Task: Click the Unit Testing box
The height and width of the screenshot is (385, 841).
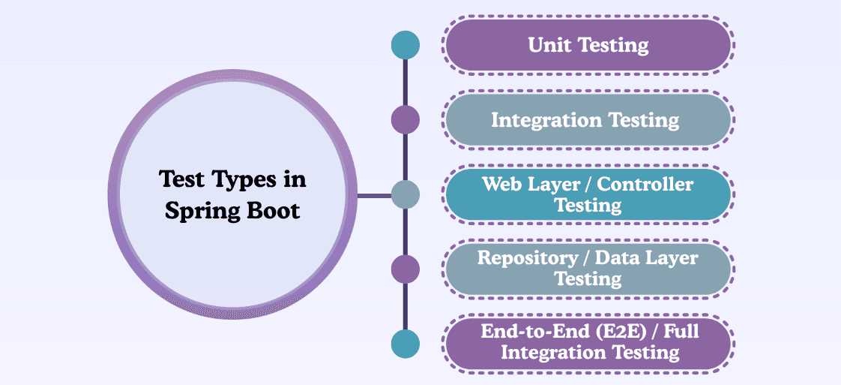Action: click(588, 45)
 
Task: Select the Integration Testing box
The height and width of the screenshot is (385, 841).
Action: click(588, 120)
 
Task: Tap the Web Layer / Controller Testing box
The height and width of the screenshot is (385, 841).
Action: click(588, 194)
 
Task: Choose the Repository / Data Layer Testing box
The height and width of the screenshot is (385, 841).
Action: click(588, 269)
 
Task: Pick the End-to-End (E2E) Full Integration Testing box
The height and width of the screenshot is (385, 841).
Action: click(588, 343)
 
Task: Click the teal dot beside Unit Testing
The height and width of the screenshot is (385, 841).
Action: click(406, 45)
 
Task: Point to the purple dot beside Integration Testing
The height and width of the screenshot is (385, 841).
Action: click(406, 120)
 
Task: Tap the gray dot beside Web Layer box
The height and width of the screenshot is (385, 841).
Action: click(406, 195)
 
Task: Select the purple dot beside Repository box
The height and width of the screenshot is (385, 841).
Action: click(406, 269)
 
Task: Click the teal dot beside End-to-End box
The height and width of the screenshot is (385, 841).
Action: click(406, 344)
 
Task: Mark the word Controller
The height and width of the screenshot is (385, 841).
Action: click(645, 185)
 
